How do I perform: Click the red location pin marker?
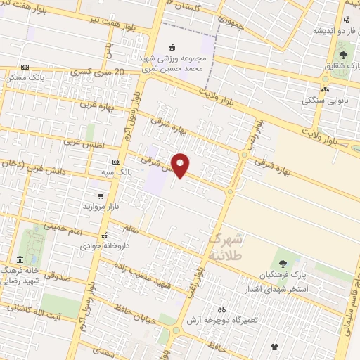pos(181,165)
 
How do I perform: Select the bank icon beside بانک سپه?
pos(116,162)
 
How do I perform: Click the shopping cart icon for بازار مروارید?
pos(102,195)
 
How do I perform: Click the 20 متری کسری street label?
pos(98,72)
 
